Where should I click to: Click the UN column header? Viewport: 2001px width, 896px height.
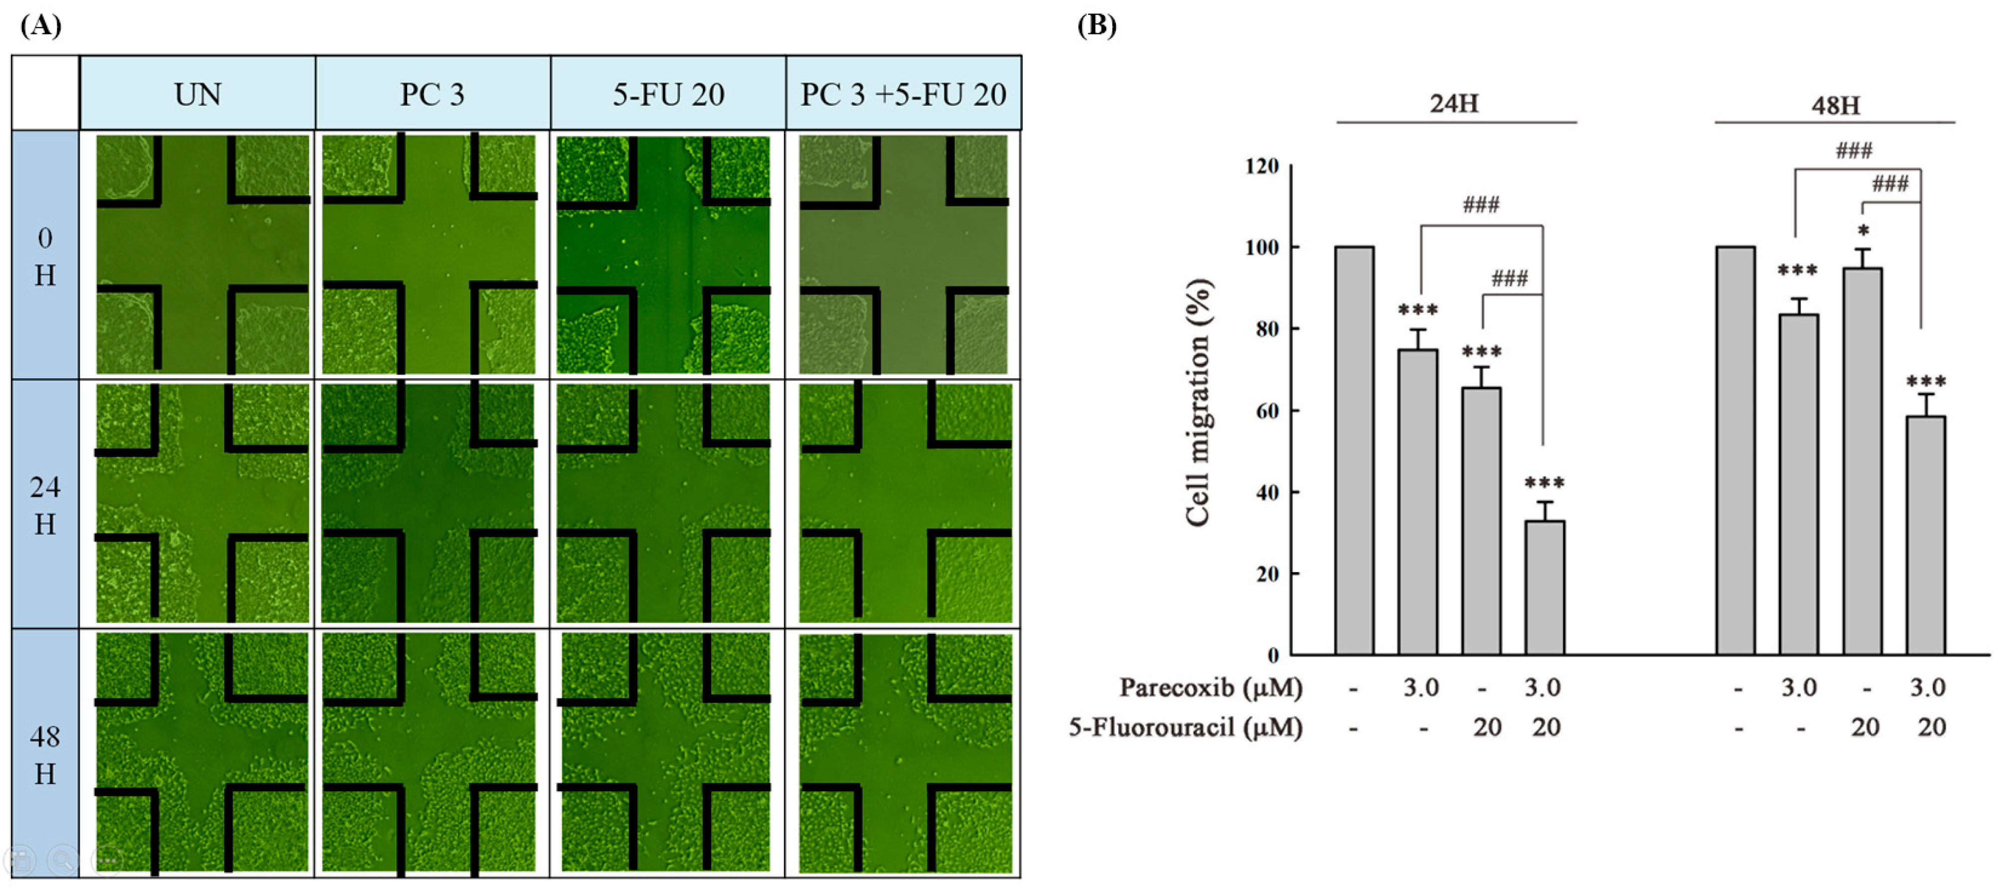click(x=197, y=94)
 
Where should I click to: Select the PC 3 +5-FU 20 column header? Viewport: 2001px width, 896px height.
click(x=903, y=94)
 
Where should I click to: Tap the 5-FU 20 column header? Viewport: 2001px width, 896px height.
click(x=668, y=94)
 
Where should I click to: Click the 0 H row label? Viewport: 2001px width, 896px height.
click(x=45, y=256)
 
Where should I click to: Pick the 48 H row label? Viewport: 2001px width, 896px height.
click(x=45, y=754)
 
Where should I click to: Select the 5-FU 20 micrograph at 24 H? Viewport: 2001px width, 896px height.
click(x=664, y=503)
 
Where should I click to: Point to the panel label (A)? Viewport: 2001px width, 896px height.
click(x=40, y=25)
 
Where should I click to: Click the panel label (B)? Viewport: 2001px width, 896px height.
click(x=1096, y=25)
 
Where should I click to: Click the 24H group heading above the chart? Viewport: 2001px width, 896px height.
click(x=1454, y=103)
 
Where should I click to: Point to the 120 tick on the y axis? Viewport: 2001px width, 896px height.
click(x=1261, y=166)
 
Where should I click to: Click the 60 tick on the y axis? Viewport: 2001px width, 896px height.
click(x=1267, y=411)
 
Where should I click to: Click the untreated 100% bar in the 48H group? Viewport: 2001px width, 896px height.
click(x=1735, y=450)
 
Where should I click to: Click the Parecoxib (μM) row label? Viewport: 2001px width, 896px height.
click(x=1210, y=687)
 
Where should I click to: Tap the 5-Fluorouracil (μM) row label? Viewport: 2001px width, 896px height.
click(x=1185, y=727)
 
